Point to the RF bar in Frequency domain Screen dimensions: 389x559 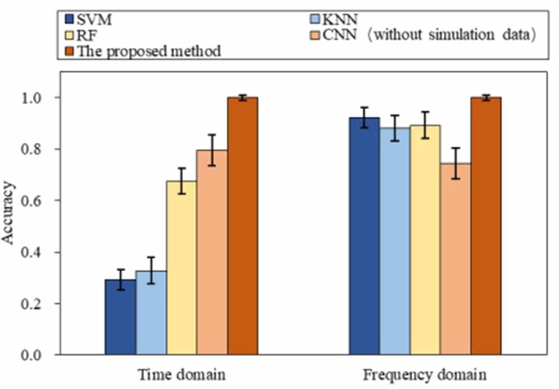425,240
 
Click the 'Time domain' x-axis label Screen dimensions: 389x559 181,375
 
